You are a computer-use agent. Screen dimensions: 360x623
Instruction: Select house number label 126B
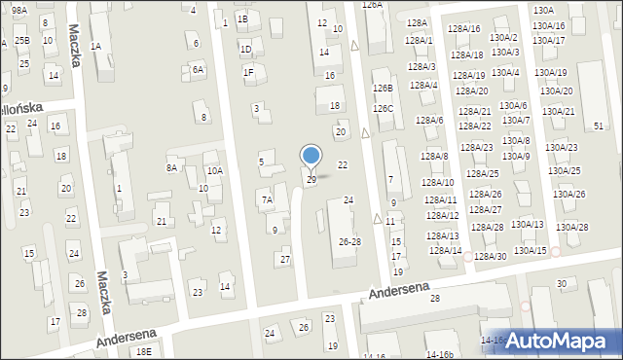tap(383, 88)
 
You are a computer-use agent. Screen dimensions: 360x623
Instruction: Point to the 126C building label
tap(383, 108)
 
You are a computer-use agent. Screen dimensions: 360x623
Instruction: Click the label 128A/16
tap(463, 28)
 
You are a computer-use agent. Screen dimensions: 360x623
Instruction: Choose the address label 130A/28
tap(571, 227)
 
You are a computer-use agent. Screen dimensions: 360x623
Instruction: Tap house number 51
tap(599, 126)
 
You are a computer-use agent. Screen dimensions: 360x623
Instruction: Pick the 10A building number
tap(214, 170)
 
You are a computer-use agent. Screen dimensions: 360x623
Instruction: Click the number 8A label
tap(171, 167)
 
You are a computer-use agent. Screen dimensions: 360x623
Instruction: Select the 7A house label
tap(267, 200)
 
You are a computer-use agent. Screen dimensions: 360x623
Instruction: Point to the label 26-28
tap(349, 241)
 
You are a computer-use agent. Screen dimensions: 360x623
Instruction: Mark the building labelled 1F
tap(248, 71)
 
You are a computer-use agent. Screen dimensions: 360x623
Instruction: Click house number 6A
tap(198, 69)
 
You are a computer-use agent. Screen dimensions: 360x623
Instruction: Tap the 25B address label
tap(21, 40)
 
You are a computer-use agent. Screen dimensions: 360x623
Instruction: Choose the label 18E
tap(144, 351)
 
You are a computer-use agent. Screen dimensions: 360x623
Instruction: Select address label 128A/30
tap(490, 256)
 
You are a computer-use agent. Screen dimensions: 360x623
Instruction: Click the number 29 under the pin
tap(311, 180)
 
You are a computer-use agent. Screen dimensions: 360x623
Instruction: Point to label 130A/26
tap(568, 194)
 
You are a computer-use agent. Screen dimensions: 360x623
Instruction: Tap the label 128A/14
tap(445, 250)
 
